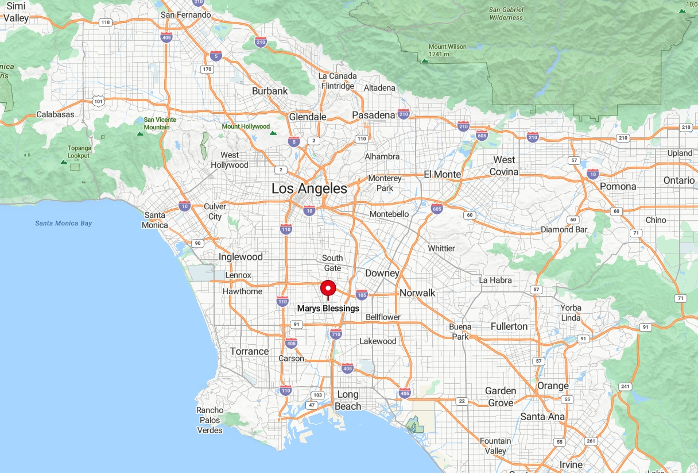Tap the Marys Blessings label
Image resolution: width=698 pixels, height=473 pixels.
point(328,309)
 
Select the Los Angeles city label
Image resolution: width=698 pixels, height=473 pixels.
point(309,189)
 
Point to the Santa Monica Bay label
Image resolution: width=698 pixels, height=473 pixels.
point(63,223)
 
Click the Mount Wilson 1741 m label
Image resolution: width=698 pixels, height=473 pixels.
point(447,50)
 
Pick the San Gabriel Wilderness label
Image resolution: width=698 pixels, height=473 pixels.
point(506,13)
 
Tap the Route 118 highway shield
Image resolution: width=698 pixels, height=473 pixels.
point(105,22)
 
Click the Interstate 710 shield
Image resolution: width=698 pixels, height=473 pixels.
point(336,334)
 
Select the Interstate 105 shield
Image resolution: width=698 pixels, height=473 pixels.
point(362,295)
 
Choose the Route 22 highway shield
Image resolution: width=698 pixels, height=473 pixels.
point(461,401)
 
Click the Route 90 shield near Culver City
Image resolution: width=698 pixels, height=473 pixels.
point(197,243)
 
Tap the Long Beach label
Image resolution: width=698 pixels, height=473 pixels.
point(348,400)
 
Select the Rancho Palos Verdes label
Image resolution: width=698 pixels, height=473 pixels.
point(210,420)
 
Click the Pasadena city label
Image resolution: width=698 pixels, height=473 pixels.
point(374,115)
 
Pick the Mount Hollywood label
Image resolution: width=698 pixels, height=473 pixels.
point(246,126)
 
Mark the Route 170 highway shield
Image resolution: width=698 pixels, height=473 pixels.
point(207,70)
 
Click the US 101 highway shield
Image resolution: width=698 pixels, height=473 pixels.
point(99,101)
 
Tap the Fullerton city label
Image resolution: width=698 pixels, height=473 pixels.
point(509,326)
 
